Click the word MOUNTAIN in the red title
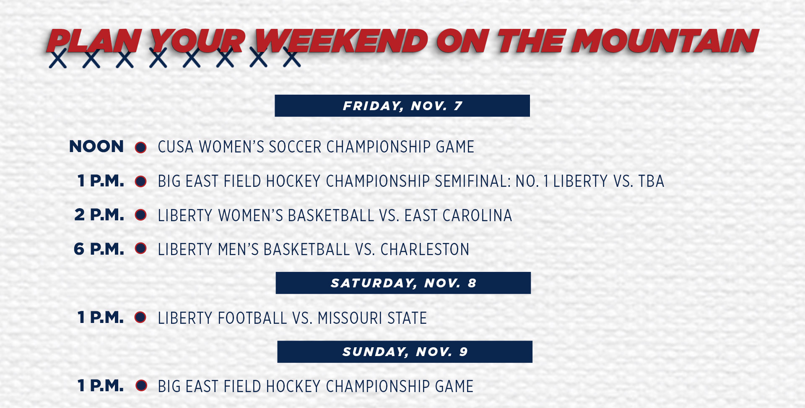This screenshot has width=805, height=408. coord(665,41)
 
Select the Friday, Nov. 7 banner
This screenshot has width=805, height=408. coord(402,106)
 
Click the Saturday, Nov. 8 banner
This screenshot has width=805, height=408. coord(403,283)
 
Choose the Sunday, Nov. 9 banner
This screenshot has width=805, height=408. coord(405,351)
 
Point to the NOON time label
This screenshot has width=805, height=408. coord(96,147)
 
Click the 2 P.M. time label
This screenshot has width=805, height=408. coord(99,215)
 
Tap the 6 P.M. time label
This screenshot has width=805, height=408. coord(99,249)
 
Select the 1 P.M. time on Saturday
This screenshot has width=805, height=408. coord(101,317)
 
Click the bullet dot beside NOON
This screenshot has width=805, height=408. coord(140,147)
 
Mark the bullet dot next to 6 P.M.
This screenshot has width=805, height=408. coord(140,248)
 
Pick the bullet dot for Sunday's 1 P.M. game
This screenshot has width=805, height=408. coord(142,385)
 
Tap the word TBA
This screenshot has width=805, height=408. coord(651,181)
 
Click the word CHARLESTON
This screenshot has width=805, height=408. coord(425,250)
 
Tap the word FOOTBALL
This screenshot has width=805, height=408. coord(252,318)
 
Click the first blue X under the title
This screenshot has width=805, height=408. coord(58,58)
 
